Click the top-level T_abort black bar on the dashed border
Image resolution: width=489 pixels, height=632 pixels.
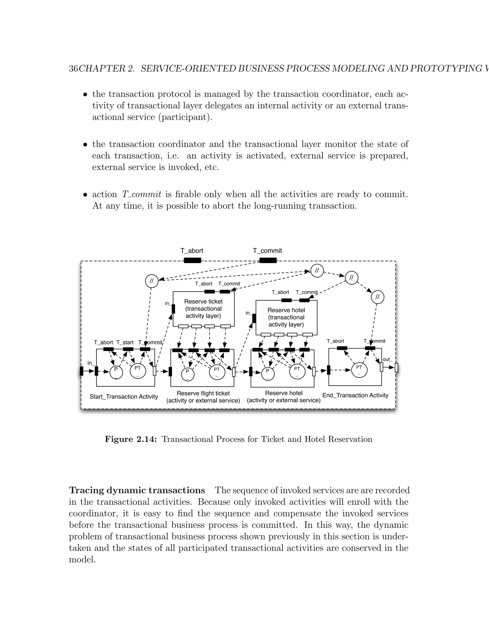coord(193,260)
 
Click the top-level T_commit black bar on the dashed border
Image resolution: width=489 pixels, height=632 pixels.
coord(268,260)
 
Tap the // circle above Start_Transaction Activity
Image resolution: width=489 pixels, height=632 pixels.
coord(152,281)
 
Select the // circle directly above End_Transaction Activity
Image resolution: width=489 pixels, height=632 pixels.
coord(377,297)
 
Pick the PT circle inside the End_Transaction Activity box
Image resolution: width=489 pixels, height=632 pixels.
coord(359,370)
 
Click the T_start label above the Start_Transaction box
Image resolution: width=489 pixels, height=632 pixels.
coord(125,342)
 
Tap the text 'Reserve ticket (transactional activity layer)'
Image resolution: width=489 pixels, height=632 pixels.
coord(203,309)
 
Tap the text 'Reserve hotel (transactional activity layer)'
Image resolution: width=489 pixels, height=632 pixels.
coord(286,317)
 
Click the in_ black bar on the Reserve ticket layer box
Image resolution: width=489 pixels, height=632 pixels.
coord(173,309)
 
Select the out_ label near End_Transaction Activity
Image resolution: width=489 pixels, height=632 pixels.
coord(387,359)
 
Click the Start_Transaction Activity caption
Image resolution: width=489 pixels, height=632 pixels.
coord(124,397)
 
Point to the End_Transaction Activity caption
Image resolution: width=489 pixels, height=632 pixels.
coord(355,395)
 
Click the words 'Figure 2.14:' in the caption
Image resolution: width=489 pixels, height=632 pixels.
coord(131,439)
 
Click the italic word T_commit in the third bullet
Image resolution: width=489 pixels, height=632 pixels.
coord(141,194)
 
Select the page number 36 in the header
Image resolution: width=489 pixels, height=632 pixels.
coord(73,69)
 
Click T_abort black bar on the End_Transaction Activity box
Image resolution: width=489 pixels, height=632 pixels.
coord(342,348)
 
